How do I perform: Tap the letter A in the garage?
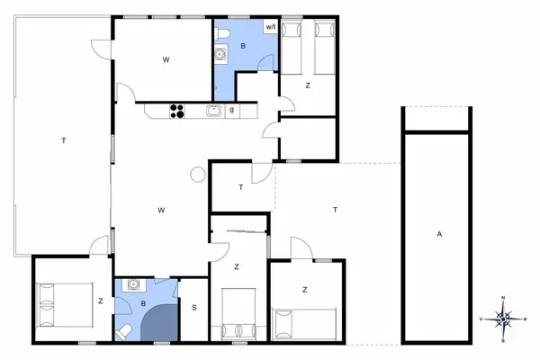coord(439,234)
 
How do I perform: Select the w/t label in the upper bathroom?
coord(270,27)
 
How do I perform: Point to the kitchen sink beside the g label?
coord(213,111)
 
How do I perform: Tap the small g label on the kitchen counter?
coord(232,111)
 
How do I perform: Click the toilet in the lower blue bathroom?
coord(125,332)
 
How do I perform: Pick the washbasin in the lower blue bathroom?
coord(133,284)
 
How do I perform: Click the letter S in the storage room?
coord(193,308)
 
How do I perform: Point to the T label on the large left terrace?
coord(64,140)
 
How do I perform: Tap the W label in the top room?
coord(166,59)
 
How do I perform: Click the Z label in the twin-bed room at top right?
coord(308,85)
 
